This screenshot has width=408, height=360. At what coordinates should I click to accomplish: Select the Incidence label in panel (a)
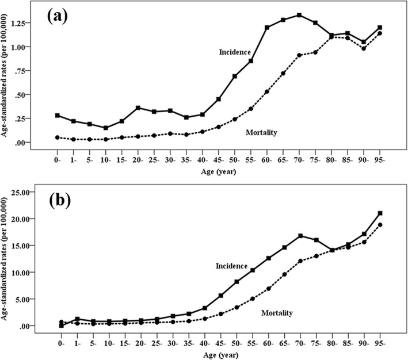tap(234, 52)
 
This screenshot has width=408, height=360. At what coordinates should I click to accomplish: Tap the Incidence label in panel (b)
tap(231, 266)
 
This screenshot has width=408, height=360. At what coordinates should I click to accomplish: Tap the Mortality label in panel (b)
tap(277, 313)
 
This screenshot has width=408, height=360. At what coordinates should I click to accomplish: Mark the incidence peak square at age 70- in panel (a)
tap(299, 15)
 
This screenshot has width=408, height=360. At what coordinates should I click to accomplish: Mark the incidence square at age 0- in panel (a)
tap(58, 115)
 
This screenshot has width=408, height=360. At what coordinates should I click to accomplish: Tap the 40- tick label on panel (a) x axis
tap(202, 156)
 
